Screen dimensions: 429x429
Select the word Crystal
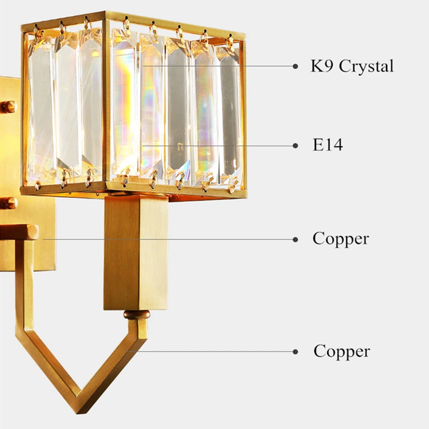tap(366, 66)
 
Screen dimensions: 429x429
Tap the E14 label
tap(328, 145)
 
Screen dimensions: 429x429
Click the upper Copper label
tap(341, 239)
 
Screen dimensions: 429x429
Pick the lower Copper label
tap(342, 352)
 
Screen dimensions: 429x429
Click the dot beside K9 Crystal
tap(295, 66)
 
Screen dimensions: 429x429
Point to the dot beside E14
tap(295, 145)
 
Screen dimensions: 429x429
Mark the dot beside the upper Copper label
tap(295, 240)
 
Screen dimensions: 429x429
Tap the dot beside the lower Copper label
tap(295, 352)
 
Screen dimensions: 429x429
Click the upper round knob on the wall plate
tap(8, 107)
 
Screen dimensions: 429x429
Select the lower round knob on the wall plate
tap(8, 203)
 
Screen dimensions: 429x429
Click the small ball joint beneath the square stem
tap(135, 315)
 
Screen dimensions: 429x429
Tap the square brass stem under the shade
tap(136, 252)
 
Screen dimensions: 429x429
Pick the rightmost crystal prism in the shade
tap(231, 113)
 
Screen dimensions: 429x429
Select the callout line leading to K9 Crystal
tap(214, 66)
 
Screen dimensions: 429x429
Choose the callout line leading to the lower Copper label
tap(214, 352)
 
